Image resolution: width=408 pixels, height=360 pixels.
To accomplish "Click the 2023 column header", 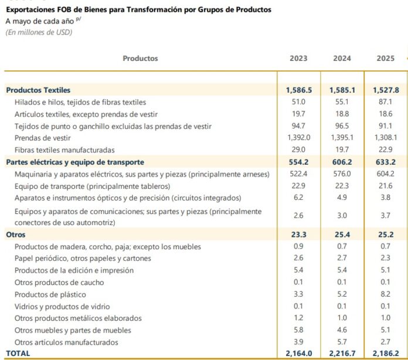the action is pyautogui.click(x=298, y=58).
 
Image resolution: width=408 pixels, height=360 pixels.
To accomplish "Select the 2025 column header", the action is pyautogui.click(x=385, y=58).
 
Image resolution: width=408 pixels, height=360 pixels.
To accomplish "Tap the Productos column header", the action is pyautogui.click(x=140, y=58).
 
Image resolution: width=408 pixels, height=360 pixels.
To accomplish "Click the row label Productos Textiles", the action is pyautogui.click(x=38, y=90).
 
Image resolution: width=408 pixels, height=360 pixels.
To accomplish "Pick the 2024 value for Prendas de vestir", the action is pyautogui.click(x=342, y=137).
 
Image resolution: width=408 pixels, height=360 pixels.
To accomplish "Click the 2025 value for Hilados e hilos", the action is pyautogui.click(x=385, y=102).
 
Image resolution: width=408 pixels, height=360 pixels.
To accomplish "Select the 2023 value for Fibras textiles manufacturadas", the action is pyautogui.click(x=298, y=150).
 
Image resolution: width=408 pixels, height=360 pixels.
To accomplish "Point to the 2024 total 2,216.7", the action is pyautogui.click(x=342, y=353).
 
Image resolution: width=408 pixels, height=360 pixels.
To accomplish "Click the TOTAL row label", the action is pyautogui.click(x=18, y=353).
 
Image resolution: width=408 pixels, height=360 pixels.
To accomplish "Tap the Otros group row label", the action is pyautogui.click(x=16, y=235).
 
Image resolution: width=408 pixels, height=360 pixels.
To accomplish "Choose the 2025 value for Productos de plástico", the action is pyautogui.click(x=385, y=294).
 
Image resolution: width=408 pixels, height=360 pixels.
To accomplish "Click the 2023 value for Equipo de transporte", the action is pyautogui.click(x=298, y=186).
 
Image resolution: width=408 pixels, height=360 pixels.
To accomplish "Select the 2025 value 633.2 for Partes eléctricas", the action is pyautogui.click(x=386, y=162).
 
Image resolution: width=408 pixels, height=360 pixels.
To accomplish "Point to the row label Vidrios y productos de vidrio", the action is pyautogui.click(x=62, y=307).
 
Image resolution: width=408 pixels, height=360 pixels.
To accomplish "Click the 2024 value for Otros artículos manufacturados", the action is pyautogui.click(x=342, y=342).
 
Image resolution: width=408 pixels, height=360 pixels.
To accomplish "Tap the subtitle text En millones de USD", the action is pyautogui.click(x=39, y=32).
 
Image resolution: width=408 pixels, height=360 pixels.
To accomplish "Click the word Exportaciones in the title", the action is pyautogui.click(x=30, y=10).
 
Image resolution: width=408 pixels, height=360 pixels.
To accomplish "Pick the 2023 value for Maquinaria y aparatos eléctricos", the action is pyautogui.click(x=298, y=174).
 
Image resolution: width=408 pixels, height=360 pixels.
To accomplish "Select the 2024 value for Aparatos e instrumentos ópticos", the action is pyautogui.click(x=342, y=198).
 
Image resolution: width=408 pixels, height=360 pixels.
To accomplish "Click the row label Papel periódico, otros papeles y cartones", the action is pyautogui.click(x=83, y=259).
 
